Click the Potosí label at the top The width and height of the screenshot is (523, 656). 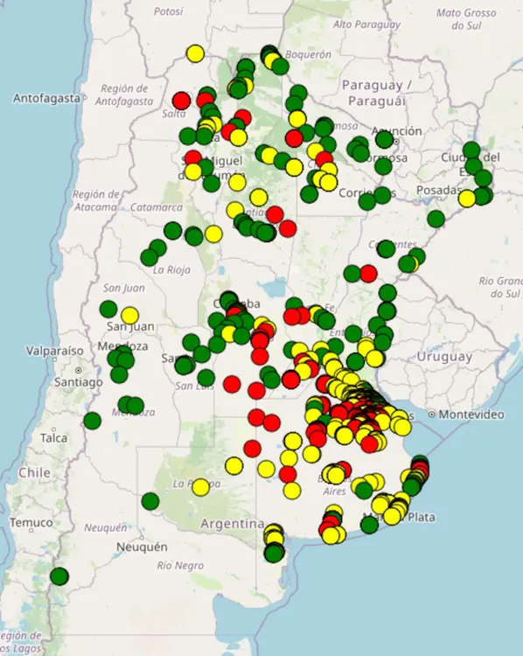coord(169,11)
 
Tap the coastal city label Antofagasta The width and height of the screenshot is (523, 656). coord(45,98)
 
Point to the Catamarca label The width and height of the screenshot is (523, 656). coord(159,207)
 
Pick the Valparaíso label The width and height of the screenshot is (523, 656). coord(30,350)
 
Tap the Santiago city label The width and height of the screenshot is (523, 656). coord(77,382)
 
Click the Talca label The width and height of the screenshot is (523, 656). coord(53,437)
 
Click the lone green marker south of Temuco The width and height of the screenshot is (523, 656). coord(59,576)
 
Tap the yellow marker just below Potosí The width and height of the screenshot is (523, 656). coord(195,53)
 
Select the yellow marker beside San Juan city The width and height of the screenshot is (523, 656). coord(129,315)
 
